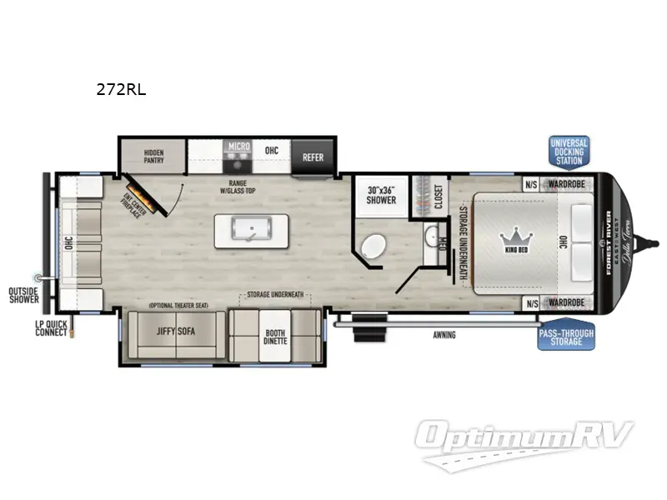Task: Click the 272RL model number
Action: coord(121,90)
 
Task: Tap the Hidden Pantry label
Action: coord(153,157)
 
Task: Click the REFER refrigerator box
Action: coord(313,157)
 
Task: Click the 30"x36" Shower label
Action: coord(381,195)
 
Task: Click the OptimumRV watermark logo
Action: coord(525,437)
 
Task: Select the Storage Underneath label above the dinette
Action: coord(274,295)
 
